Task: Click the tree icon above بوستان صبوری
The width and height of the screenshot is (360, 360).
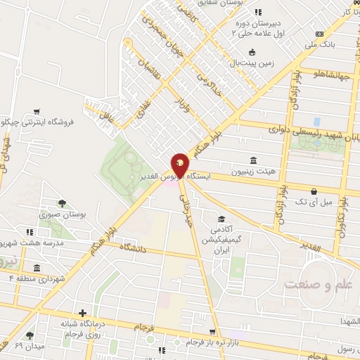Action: (63, 204)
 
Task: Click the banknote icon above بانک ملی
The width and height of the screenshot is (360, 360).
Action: (320, 34)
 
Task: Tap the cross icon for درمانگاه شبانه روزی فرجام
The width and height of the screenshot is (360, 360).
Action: (83, 313)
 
